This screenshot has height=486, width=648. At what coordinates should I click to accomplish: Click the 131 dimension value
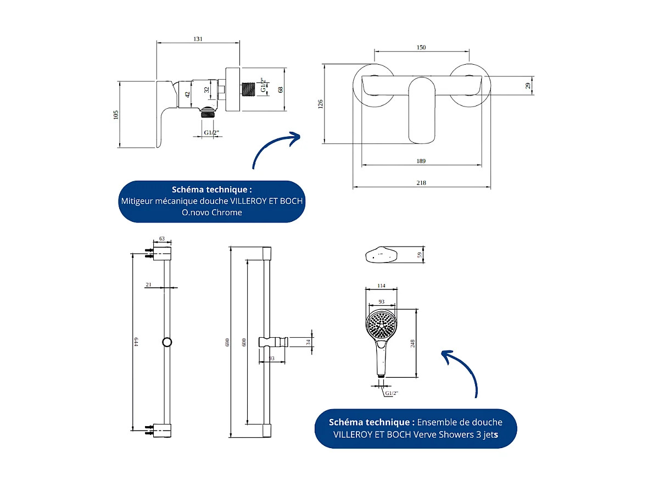coord(198,39)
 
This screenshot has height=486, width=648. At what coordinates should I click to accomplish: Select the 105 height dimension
coord(116,114)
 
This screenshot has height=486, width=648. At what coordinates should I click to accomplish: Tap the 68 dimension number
coord(281,90)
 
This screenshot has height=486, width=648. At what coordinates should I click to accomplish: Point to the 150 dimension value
coord(421,48)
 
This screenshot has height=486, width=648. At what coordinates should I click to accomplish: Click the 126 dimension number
coord(321,104)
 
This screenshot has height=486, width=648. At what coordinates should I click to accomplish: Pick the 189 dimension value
coord(421,161)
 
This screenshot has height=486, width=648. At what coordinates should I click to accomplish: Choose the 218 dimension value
coord(421,183)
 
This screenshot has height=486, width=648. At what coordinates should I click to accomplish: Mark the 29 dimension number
coord(528,85)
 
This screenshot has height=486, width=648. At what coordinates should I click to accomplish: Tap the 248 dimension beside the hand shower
coord(412,343)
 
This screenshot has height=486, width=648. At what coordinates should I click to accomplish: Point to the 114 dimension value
coord(381,286)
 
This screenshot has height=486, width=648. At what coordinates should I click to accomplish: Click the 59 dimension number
coord(420,255)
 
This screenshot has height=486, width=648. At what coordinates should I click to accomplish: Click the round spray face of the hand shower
coord(381,324)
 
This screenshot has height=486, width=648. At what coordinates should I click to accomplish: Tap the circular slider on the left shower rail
coord(167,342)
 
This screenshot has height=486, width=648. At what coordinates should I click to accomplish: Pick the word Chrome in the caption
coord(227,213)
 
